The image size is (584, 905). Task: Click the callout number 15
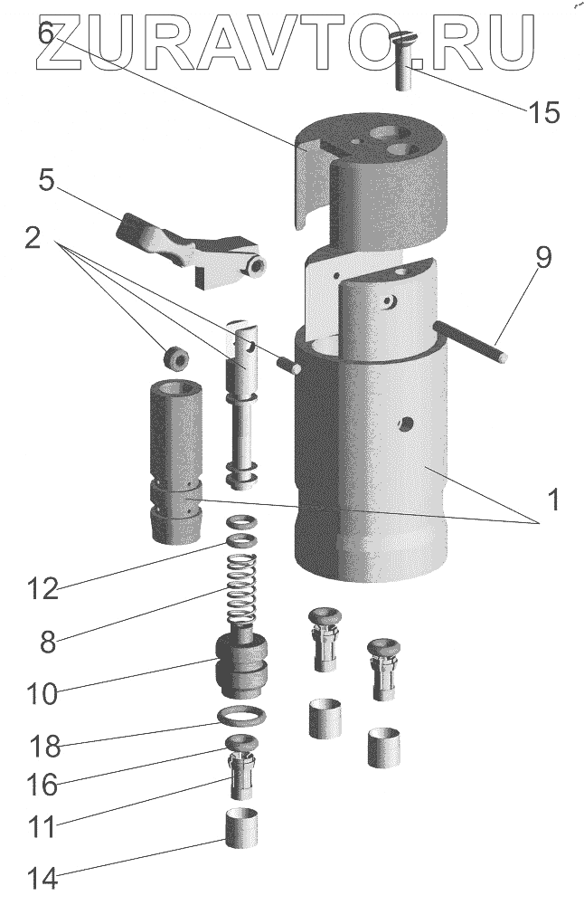point(543,112)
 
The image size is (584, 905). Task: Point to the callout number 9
point(542,258)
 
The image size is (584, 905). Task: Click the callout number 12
point(42,589)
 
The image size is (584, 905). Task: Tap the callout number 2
point(32,239)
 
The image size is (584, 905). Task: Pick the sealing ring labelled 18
point(245,718)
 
